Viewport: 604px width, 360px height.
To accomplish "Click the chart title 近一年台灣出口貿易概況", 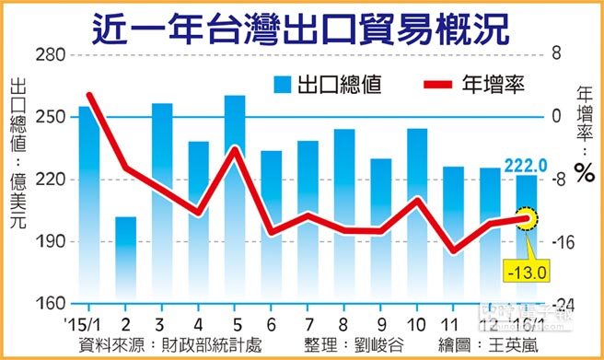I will [x=301, y=28].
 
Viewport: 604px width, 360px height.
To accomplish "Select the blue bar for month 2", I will [x=126, y=260].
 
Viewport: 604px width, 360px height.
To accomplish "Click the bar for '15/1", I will [x=89, y=204].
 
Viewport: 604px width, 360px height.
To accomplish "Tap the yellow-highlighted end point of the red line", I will [x=526, y=218].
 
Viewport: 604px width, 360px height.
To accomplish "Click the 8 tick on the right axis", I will [x=556, y=55].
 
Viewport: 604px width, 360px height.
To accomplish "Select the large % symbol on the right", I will [x=582, y=172].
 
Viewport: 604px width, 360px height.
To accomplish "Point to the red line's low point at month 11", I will [x=452, y=250].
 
